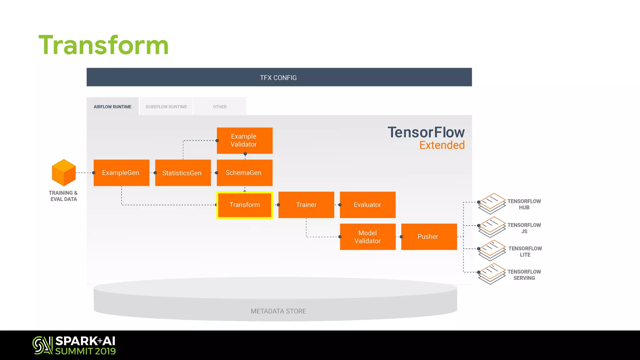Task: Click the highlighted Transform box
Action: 245,205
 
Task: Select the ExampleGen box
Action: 121,173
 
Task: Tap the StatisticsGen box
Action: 183,173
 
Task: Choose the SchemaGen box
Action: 244,173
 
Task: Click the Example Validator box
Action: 244,141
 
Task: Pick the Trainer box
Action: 306,205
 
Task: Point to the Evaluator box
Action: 367,205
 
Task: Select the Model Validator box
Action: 367,237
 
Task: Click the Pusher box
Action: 429,237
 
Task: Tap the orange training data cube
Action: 64,172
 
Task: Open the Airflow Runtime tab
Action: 112,107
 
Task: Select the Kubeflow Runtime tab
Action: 166,107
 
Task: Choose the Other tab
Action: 220,107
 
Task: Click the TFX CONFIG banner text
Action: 278,78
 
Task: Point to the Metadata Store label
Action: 278,311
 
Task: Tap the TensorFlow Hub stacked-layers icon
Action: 492,203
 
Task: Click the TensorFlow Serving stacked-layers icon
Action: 492,274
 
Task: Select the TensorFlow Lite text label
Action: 525,252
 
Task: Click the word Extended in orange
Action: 442,145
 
